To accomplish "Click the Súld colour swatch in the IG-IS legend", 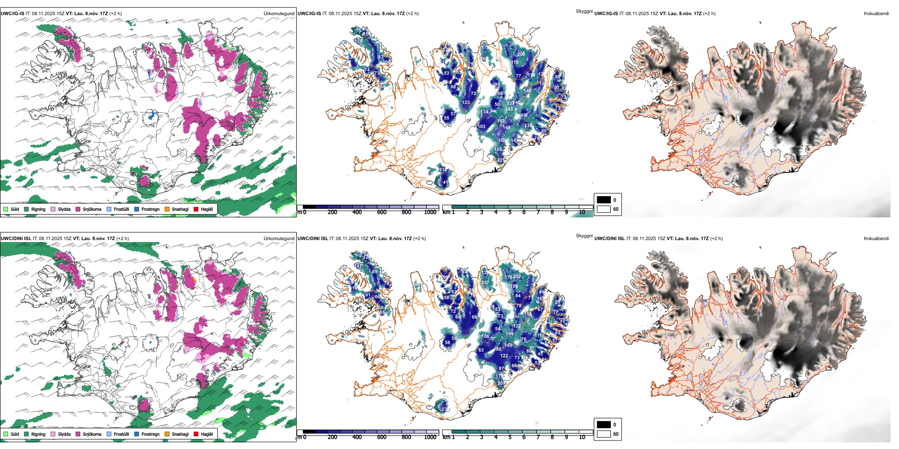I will click(6, 209).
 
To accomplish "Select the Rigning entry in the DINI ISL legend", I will click(38, 434).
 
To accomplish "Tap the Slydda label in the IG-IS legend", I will click(64, 209).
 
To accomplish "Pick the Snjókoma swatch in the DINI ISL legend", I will click(78, 434).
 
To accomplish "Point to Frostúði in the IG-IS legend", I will click(121, 209).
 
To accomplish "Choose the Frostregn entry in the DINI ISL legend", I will click(150, 434).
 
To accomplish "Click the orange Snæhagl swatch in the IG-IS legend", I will click(167, 209).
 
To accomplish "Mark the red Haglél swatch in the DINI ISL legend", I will click(196, 434).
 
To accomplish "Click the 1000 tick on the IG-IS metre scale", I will click(430, 212).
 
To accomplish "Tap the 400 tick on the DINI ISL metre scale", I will click(357, 437).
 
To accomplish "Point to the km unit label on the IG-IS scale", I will click(446, 212).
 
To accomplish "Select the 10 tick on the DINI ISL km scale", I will click(582, 437).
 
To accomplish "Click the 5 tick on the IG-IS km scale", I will click(510, 212).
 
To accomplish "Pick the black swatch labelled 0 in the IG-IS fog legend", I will click(604, 200).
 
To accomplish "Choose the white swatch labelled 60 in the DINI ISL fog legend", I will click(604, 434).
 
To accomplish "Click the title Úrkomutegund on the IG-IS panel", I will click(279, 13).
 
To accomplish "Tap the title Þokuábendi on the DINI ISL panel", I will click(876, 238).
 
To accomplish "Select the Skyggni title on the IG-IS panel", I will click(584, 11).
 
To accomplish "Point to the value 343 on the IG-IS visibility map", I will click(509, 109).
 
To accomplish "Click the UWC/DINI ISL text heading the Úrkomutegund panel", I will click(16, 238).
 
